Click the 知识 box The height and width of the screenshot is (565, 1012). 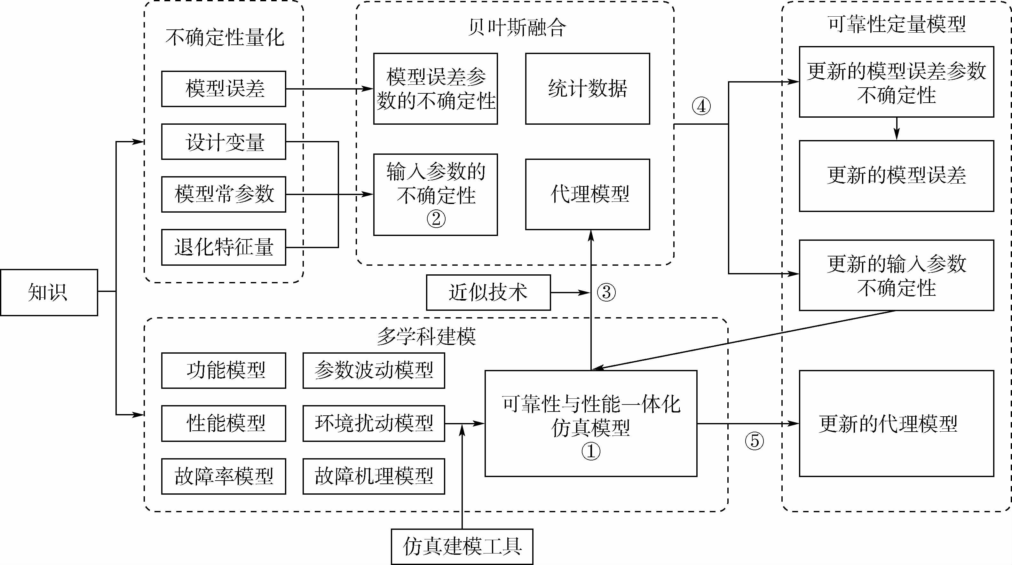pyautogui.click(x=49, y=293)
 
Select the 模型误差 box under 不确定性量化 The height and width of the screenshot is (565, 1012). pyautogui.click(x=224, y=89)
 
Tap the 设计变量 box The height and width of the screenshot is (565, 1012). pyautogui.click(x=224, y=142)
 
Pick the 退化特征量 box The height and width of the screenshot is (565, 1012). pyautogui.click(x=224, y=247)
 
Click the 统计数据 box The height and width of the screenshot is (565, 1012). pyautogui.click(x=587, y=89)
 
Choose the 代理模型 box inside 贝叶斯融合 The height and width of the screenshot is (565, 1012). pyautogui.click(x=587, y=194)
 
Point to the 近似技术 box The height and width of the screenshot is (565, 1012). pyautogui.click(x=488, y=293)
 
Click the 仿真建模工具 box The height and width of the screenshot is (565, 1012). pyautogui.click(x=462, y=546)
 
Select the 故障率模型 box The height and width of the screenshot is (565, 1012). pyautogui.click(x=224, y=476)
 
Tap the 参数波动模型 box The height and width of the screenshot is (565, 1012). pyautogui.click(x=374, y=370)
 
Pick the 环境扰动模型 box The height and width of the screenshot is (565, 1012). pyautogui.click(x=374, y=423)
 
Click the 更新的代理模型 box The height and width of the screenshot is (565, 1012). pyautogui.click(x=896, y=424)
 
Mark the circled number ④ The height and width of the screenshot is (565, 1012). pyautogui.click(x=701, y=106)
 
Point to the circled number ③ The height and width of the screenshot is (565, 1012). pyautogui.click(x=606, y=293)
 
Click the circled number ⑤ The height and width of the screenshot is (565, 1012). pyautogui.click(x=754, y=441)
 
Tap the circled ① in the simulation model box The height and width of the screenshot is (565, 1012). pyautogui.click(x=590, y=451)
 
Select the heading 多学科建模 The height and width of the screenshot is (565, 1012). pyautogui.click(x=426, y=336)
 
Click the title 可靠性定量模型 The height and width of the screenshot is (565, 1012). pyautogui.click(x=897, y=24)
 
